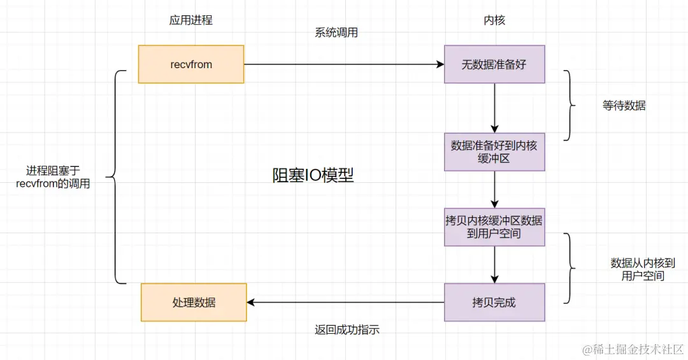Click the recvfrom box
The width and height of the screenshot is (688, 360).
[x=191, y=64]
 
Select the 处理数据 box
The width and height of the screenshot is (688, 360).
[x=194, y=303]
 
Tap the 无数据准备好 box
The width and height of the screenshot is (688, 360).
[x=494, y=64]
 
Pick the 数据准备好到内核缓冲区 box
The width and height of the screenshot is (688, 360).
[x=494, y=152]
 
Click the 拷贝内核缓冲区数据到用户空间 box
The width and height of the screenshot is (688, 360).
[x=494, y=227]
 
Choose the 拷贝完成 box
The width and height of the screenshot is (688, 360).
[x=494, y=303]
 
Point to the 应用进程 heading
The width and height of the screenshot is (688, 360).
[x=190, y=20]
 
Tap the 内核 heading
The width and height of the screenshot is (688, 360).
[x=494, y=20]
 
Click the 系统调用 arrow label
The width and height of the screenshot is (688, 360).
[x=336, y=33]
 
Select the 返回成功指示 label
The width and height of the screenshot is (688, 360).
[x=347, y=329]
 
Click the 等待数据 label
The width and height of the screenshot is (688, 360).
[x=624, y=106]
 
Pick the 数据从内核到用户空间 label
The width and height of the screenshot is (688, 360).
[x=642, y=270]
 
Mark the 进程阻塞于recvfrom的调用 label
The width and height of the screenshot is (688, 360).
[x=54, y=177]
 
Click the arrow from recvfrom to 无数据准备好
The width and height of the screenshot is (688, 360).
[x=344, y=64]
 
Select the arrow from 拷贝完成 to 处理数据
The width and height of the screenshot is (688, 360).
[x=345, y=303]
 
